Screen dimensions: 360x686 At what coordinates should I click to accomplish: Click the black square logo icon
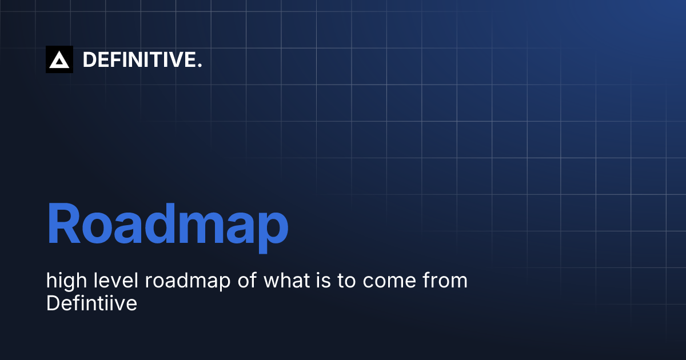tap(59, 59)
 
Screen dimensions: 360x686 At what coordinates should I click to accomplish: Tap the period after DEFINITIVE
tap(200, 66)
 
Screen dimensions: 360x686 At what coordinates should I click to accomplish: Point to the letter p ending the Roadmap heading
tap(269, 229)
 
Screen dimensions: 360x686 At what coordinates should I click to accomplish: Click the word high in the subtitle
tap(64, 282)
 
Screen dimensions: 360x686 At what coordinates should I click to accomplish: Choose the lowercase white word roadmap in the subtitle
tap(186, 281)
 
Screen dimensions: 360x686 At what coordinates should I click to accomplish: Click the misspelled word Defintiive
tap(91, 303)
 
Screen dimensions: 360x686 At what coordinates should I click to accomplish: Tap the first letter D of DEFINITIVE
tap(89, 59)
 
